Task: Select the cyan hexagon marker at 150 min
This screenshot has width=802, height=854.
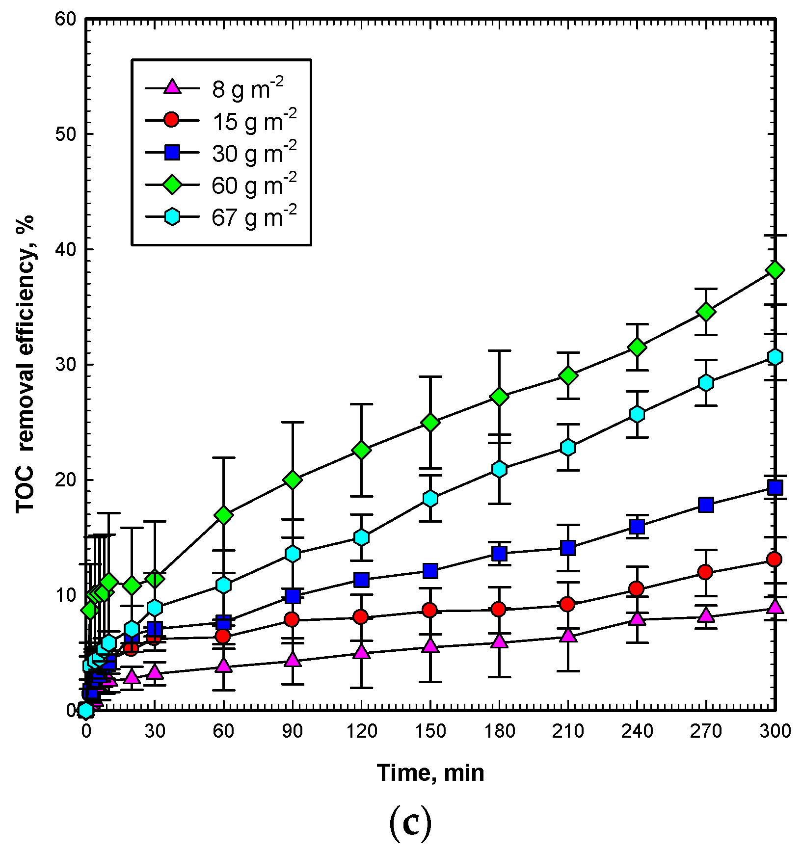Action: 430,499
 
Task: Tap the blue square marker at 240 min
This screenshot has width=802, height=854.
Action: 637,527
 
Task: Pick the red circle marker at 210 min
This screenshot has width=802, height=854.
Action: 568,604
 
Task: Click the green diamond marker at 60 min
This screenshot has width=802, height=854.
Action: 224,515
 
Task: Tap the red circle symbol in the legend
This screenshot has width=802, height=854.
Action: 172,120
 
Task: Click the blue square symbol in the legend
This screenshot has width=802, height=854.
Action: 172,153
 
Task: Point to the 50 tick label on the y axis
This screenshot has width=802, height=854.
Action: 66,134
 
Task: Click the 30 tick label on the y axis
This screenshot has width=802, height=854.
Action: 66,365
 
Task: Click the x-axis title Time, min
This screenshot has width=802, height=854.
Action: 430,773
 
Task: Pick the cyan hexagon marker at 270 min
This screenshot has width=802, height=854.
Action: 706,383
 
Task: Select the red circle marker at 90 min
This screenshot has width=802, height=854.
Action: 293,619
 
